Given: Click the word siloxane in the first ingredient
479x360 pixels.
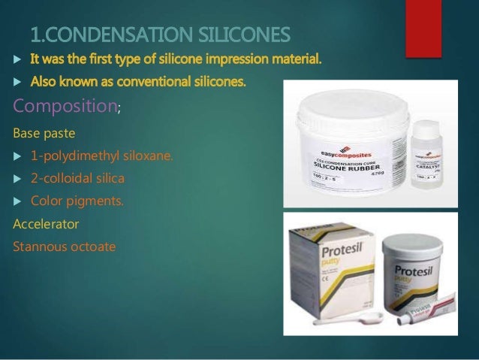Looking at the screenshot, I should point(146,156).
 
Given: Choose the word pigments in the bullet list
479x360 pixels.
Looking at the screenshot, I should point(95,201).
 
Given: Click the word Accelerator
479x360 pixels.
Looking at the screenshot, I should point(45,223).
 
